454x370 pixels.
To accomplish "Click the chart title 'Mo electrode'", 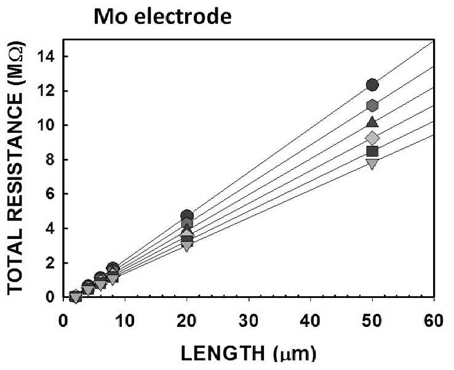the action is click(163, 17).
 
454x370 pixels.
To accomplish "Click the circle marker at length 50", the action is click(372, 85).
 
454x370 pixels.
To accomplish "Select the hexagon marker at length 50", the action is click(372, 105).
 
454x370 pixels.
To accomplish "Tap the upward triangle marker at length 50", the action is click(372, 122).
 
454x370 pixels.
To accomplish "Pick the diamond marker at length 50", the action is click(372, 138).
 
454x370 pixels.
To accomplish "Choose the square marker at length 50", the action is click(372, 151).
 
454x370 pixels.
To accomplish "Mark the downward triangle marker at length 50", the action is click(372, 164).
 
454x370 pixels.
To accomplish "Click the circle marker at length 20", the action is click(187, 215).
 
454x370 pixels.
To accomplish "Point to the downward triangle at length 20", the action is click(187, 246).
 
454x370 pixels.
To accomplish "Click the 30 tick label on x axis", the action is click(249, 321).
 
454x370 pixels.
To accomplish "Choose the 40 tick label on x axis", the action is click(311, 321).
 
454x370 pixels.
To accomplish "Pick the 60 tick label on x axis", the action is click(434, 321).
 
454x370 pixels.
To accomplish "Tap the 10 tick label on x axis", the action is click(125, 321).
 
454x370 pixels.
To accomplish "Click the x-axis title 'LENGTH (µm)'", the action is click(249, 353).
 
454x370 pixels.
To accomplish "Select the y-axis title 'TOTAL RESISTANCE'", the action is click(15, 191).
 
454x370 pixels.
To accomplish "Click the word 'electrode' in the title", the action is click(183, 17).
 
